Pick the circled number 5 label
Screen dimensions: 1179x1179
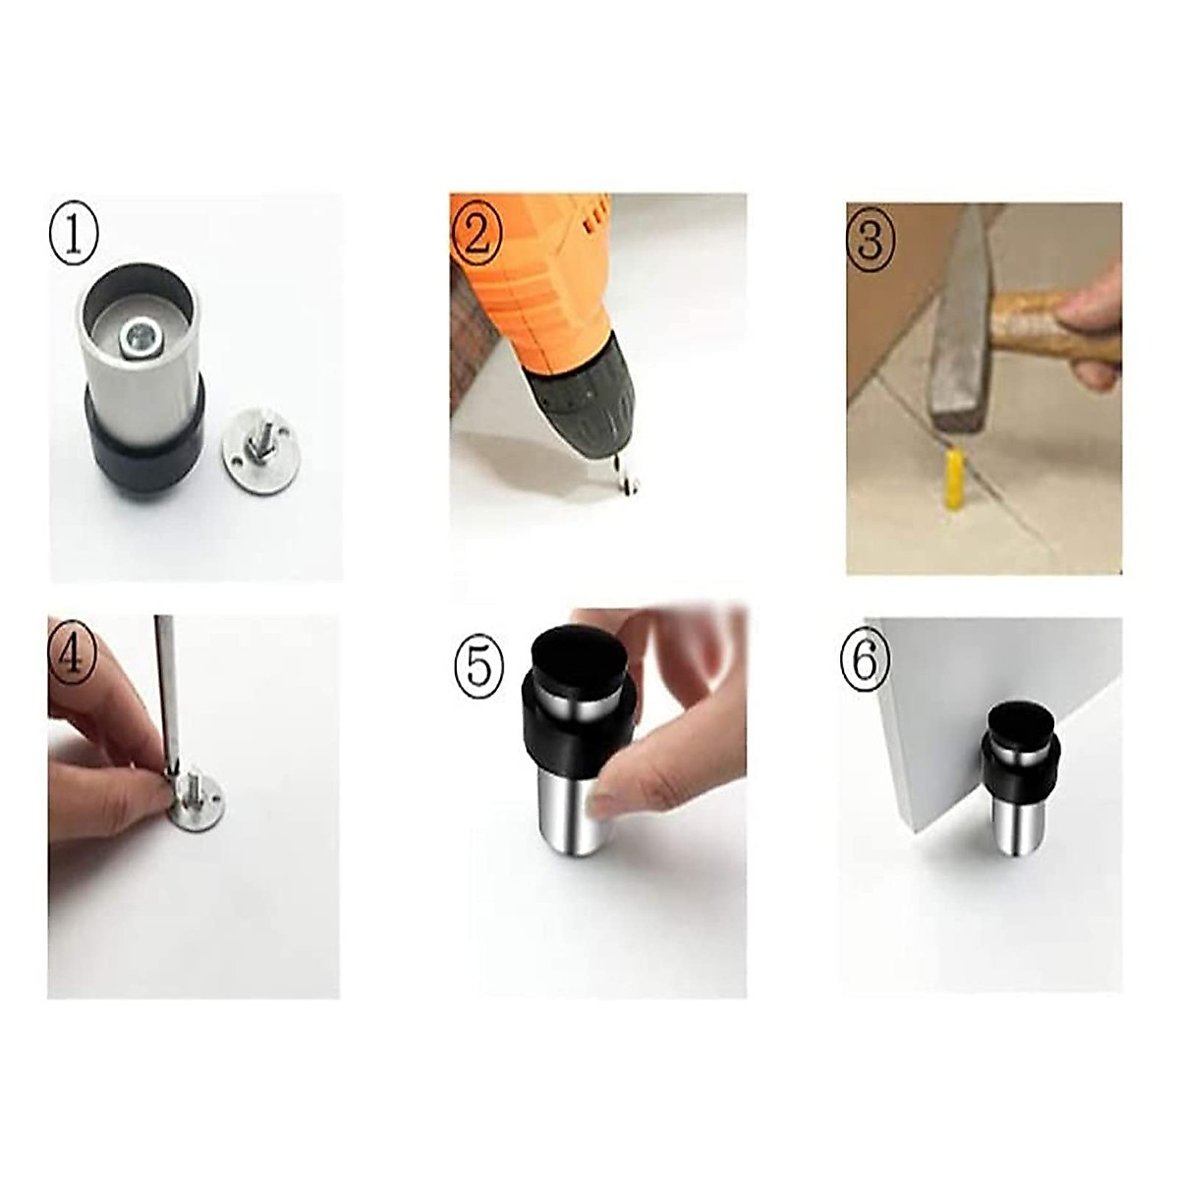pos(477,666)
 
